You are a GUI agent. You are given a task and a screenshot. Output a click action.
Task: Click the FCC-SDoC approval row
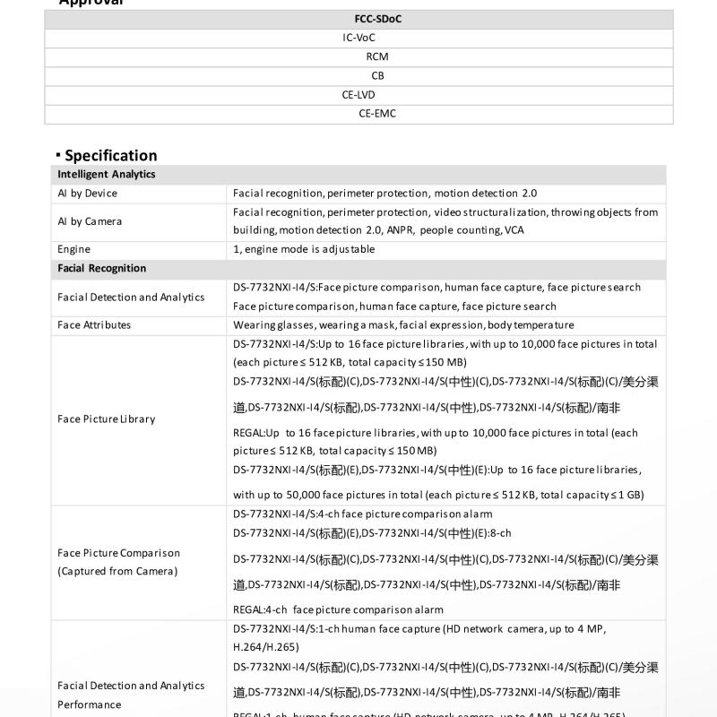coord(377,19)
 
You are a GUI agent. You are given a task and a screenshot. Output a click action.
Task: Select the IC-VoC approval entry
coord(358,38)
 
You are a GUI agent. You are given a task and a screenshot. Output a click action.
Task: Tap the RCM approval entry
coord(377,56)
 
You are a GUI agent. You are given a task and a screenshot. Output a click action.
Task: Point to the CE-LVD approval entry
coord(358,94)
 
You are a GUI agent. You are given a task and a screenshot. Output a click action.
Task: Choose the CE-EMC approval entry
coord(377,114)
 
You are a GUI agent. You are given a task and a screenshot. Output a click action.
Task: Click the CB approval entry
coord(377,75)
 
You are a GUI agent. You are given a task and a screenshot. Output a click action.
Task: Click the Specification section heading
coord(110,155)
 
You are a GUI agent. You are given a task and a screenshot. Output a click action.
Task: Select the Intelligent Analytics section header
coord(107,175)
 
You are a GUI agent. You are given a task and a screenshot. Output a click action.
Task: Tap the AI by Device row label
coord(88,194)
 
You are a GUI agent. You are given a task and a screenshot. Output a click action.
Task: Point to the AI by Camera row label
coord(90,221)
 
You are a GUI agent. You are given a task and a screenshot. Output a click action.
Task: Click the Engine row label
coord(74,249)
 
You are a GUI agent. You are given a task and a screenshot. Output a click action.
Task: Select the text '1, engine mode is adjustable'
coord(304,249)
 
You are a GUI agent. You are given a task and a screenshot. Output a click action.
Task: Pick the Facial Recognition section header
coord(102,268)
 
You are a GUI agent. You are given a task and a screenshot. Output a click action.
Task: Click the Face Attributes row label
coord(94,324)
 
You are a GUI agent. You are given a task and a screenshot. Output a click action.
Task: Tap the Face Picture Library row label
coord(107,419)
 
